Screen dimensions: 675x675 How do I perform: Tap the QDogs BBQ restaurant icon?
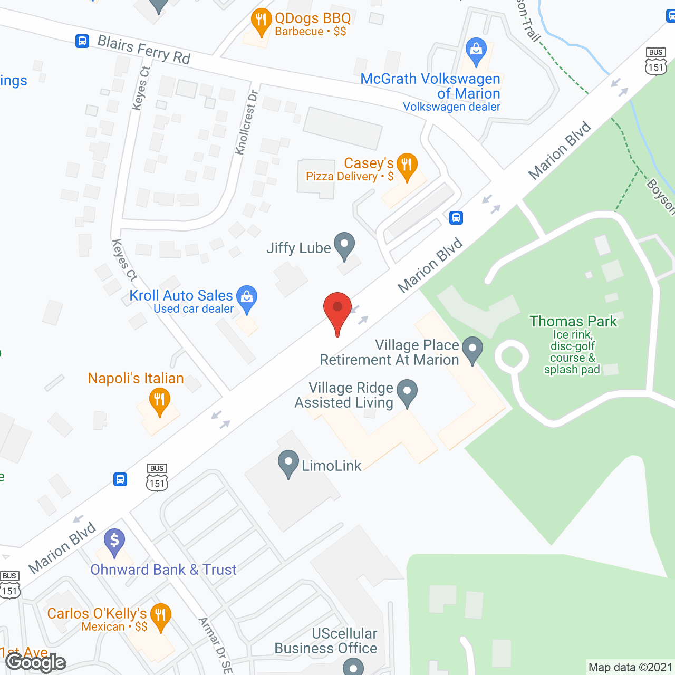click(261, 22)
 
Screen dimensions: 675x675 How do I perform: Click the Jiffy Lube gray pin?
click(344, 245)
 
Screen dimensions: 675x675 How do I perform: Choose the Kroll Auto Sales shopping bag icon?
click(247, 298)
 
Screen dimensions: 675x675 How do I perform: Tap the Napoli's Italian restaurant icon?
click(159, 400)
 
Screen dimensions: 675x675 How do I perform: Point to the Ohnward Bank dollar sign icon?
click(114, 541)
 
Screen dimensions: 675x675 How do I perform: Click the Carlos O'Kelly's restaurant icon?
click(160, 615)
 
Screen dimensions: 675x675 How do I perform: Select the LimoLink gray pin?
click(288, 462)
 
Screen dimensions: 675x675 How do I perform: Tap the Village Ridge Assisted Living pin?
click(407, 392)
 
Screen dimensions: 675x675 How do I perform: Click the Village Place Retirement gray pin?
click(472, 349)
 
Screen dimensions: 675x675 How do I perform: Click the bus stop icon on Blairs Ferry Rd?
click(82, 41)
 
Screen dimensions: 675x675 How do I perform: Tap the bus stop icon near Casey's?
click(456, 217)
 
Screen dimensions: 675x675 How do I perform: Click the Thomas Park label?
click(573, 321)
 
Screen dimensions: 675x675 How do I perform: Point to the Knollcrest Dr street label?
click(246, 123)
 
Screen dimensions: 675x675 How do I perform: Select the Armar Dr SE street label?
click(216, 645)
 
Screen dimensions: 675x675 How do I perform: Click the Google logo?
click(35, 662)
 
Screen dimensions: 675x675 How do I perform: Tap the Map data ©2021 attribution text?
click(630, 667)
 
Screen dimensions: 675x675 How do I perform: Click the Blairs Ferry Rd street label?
click(143, 50)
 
